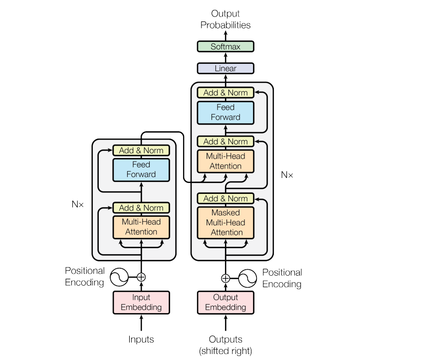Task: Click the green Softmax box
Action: [225, 46]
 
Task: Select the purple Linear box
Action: [225, 68]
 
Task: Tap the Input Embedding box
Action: [141, 303]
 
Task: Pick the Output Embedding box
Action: [225, 303]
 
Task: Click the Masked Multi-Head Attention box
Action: [225, 222]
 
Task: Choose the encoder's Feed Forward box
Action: [141, 170]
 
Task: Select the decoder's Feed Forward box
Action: [225, 113]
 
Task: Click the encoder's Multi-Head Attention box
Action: [141, 227]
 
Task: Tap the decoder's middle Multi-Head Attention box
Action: [225, 162]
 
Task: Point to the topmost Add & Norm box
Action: [225, 93]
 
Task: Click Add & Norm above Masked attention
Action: [225, 198]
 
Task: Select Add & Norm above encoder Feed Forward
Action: [141, 151]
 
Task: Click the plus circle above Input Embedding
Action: [141, 277]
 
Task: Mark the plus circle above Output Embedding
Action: [225, 278]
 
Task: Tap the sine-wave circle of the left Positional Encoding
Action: [119, 277]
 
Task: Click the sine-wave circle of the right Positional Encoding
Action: [247, 278]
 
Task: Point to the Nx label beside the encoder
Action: [77, 204]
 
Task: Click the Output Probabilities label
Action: [225, 19]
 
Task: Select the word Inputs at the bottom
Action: [141, 340]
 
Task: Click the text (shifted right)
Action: [225, 351]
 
